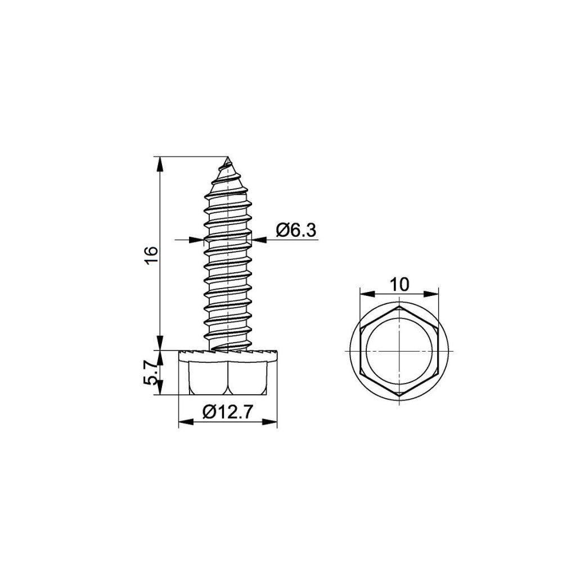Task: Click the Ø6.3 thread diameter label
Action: pyautogui.click(x=296, y=231)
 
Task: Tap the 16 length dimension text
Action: pyautogui.click(x=151, y=256)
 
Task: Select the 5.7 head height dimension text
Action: pyautogui.click(x=150, y=372)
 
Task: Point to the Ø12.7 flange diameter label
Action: pyautogui.click(x=227, y=412)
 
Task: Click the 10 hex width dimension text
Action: pyautogui.click(x=399, y=285)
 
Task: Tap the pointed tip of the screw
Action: pyautogui.click(x=228, y=157)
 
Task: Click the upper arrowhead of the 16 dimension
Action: pyautogui.click(x=160, y=164)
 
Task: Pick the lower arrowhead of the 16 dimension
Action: pyautogui.click(x=160, y=343)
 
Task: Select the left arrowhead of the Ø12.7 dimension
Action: pyautogui.click(x=186, y=422)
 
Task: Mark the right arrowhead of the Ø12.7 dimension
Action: pyautogui.click(x=269, y=422)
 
